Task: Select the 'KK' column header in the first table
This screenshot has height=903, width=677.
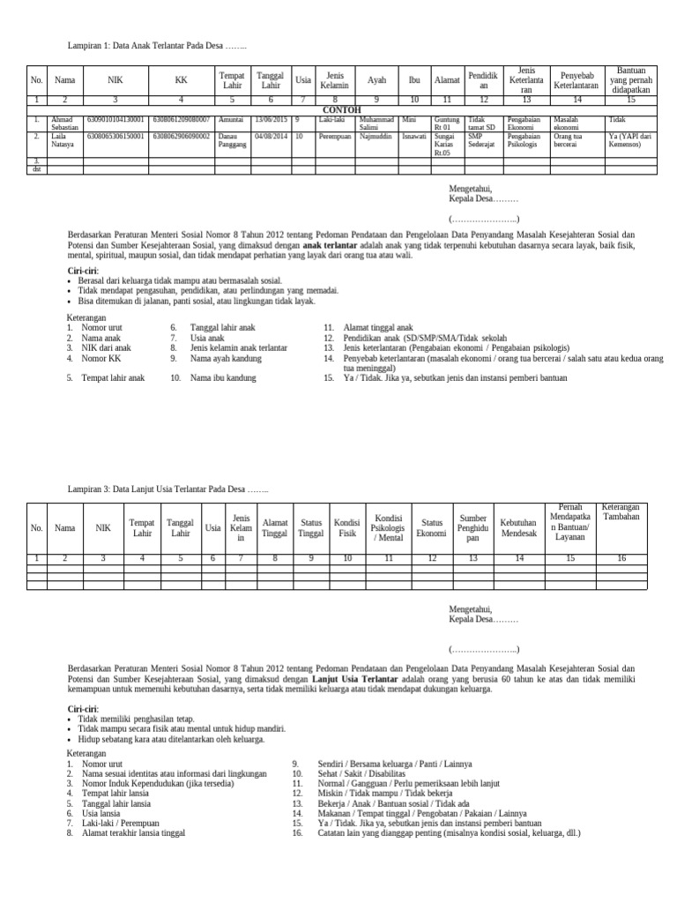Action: [x=181, y=79]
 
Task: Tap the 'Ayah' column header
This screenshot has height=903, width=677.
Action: [x=376, y=79]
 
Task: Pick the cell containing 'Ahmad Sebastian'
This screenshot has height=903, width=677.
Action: [x=64, y=123]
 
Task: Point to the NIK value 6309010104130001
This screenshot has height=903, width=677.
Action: [x=115, y=119]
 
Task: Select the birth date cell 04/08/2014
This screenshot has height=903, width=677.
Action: [x=270, y=137]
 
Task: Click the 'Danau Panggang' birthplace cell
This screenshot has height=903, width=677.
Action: [x=232, y=140]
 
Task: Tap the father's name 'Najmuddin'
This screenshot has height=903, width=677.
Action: [x=377, y=137]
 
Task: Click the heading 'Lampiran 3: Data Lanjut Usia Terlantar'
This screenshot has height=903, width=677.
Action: [x=168, y=489]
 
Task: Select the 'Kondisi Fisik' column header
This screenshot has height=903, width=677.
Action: [x=347, y=527]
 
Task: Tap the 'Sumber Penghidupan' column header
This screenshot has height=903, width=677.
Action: [x=472, y=527]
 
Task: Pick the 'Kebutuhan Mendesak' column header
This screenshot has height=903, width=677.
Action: [x=519, y=527]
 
